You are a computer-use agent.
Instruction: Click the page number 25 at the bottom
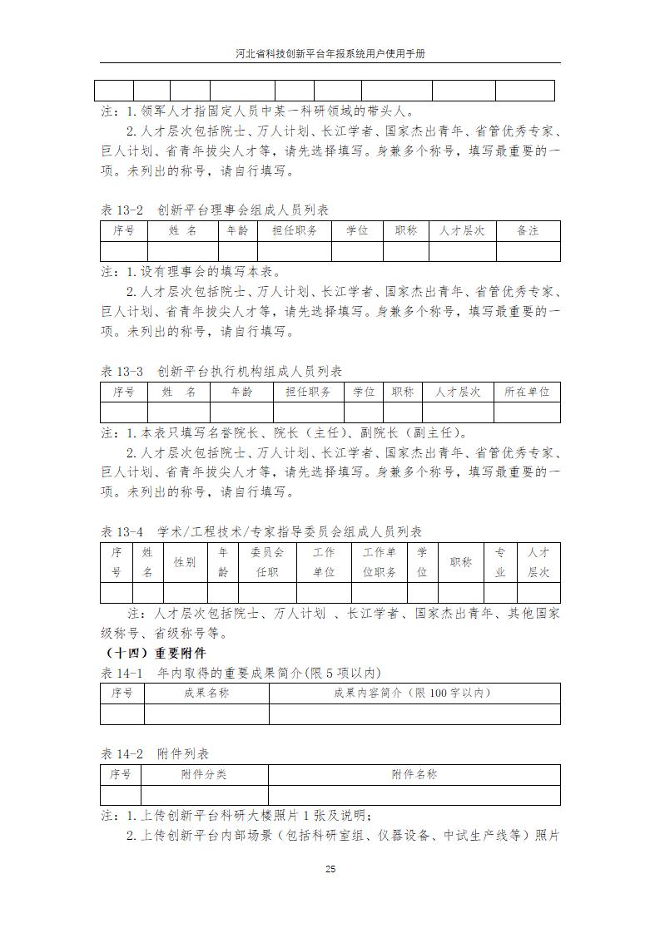[330, 869]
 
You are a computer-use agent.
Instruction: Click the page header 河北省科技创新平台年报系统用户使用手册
[330, 52]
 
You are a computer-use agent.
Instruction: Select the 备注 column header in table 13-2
[528, 230]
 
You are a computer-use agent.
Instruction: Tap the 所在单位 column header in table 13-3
[527, 392]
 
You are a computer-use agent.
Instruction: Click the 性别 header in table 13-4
[185, 562]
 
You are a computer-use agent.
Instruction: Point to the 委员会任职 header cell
[267, 562]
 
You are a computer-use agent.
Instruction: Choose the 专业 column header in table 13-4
[500, 562]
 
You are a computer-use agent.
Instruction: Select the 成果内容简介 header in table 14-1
[414, 693]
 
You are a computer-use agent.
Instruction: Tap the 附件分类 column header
[204, 774]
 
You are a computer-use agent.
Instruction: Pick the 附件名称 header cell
[414, 774]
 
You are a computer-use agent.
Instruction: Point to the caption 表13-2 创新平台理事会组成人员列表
[215, 210]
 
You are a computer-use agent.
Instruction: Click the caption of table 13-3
[221, 371]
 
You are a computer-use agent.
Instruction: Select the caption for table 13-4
[261, 532]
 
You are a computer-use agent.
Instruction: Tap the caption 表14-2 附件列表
[155, 754]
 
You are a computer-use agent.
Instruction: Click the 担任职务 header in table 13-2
[294, 230]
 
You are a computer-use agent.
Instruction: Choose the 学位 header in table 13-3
[363, 392]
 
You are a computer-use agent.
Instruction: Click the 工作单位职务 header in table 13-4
[379, 562]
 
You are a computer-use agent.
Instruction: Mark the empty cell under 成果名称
[206, 714]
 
